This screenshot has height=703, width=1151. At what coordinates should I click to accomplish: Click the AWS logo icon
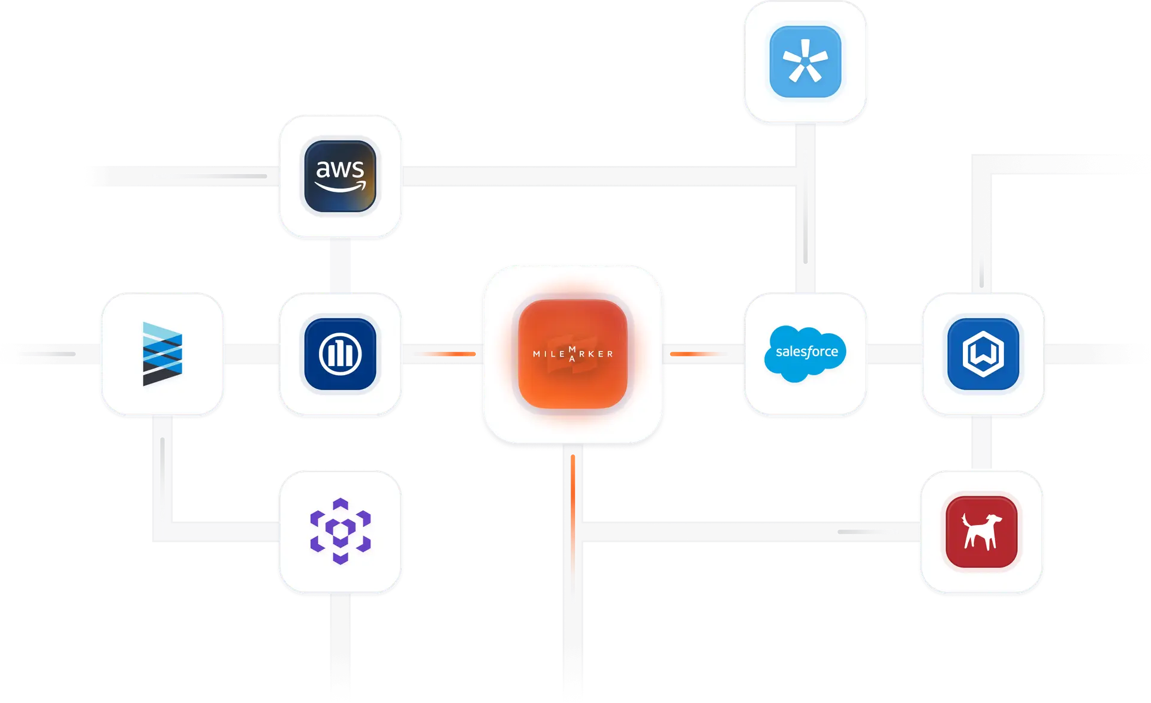pyautogui.click(x=340, y=176)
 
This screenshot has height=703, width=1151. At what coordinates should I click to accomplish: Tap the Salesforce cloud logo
pyautogui.click(x=805, y=354)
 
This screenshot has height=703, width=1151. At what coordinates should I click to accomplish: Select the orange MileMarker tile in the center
pyautogui.click(x=573, y=354)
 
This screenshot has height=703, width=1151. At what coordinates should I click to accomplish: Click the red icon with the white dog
pyautogui.click(x=981, y=532)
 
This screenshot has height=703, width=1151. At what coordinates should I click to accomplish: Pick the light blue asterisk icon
pyautogui.click(x=805, y=62)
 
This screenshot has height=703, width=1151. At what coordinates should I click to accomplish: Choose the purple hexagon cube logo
pyautogui.click(x=340, y=531)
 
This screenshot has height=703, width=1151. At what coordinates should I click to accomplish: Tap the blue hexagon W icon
pyautogui.click(x=983, y=354)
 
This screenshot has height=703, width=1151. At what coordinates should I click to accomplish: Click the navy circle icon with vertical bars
pyautogui.click(x=340, y=354)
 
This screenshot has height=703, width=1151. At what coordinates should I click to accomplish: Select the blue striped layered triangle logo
pyautogui.click(x=162, y=354)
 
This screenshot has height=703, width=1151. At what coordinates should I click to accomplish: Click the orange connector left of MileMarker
pyautogui.click(x=442, y=354)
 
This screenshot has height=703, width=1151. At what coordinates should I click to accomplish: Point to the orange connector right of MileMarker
pyautogui.click(x=700, y=354)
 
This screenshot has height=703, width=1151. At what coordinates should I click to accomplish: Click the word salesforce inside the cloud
pyautogui.click(x=806, y=352)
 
